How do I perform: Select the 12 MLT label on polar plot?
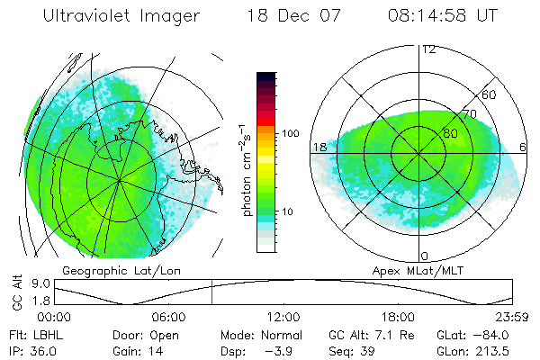tap(429, 49)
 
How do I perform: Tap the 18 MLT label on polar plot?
tap(319, 147)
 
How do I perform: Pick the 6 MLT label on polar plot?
tap(523, 147)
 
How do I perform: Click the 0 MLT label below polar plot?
tap(426, 256)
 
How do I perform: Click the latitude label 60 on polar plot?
tap(490, 94)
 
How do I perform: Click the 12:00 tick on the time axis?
tap(283, 317)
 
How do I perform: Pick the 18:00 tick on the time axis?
tap(398, 317)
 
